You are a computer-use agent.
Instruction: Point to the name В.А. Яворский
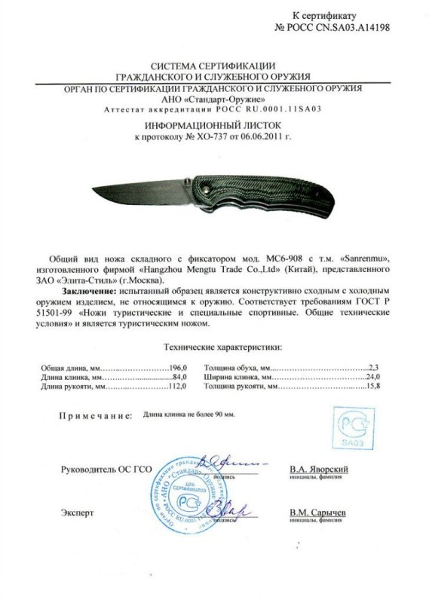[318, 470]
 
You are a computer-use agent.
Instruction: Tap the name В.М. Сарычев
[317, 513]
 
